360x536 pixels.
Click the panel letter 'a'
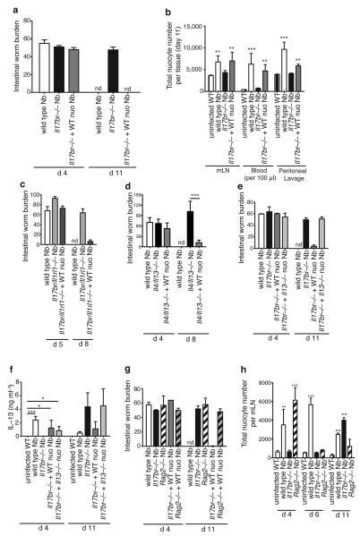6,7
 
